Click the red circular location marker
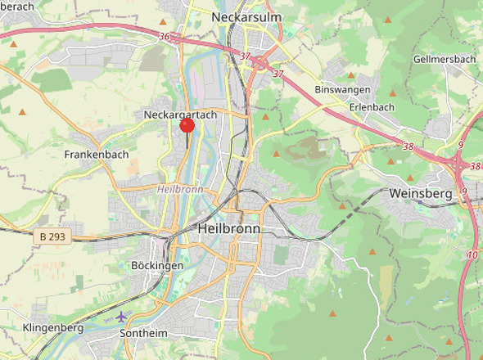point(187,125)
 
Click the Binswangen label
point(342,90)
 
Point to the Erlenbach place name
point(372,107)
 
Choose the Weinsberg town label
point(422,194)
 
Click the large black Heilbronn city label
point(229,230)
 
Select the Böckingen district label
point(156,266)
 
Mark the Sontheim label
point(143,334)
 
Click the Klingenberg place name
point(53,328)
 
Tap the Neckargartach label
point(180,115)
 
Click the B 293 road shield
point(55,236)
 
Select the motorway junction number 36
point(165,37)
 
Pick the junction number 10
point(472,255)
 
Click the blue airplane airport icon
point(122,316)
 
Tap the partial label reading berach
point(16,7)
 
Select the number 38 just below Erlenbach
point(408,146)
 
